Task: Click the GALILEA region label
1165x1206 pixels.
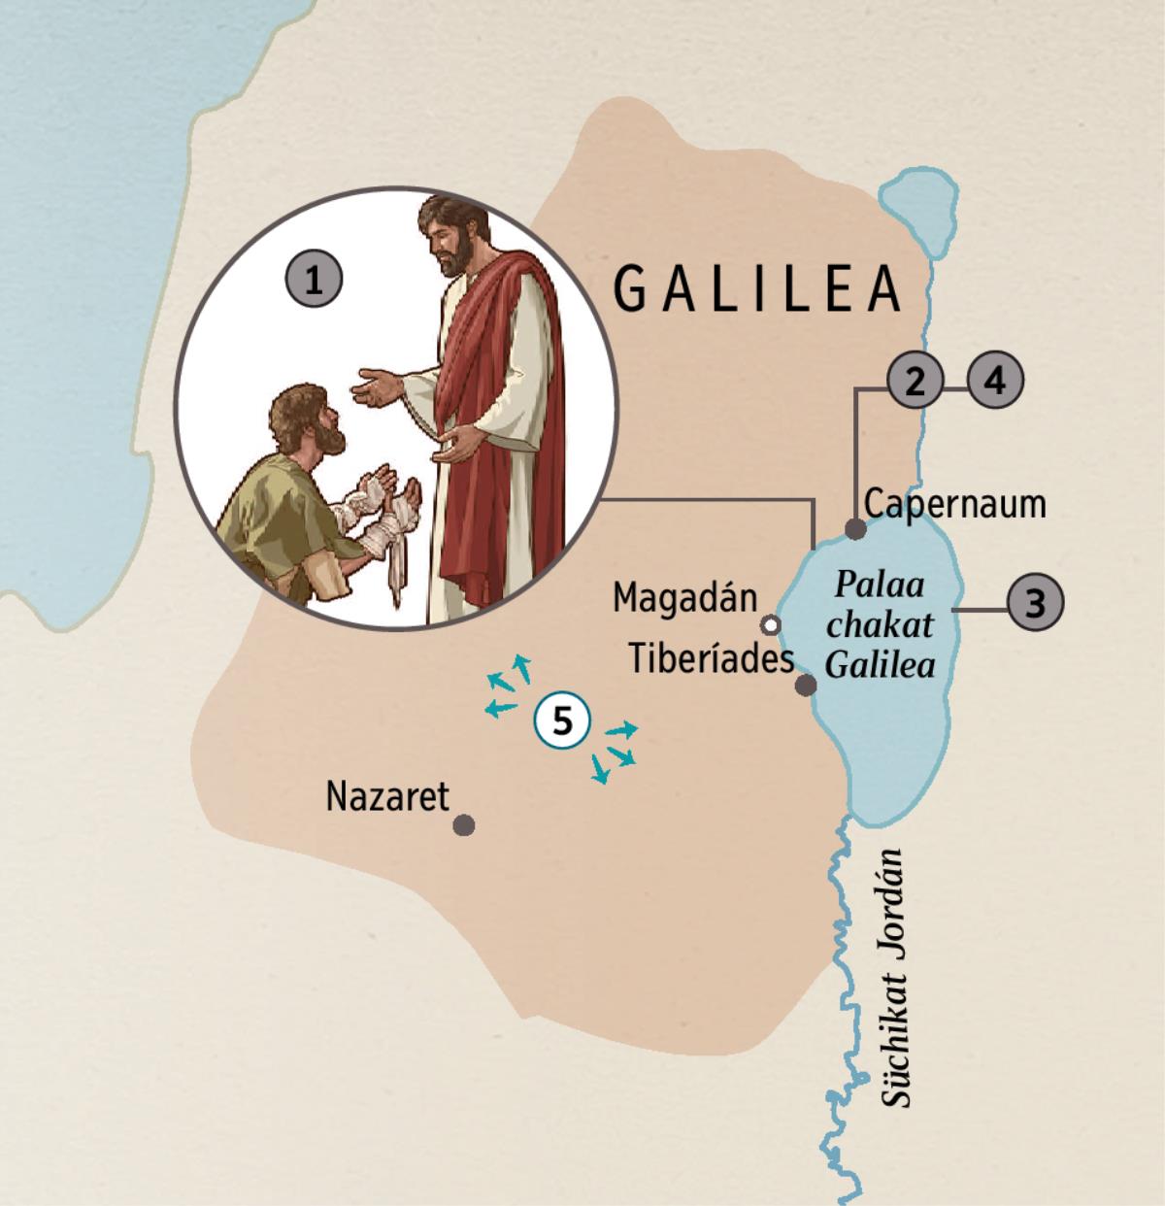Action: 757,288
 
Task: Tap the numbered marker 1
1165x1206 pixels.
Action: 313,282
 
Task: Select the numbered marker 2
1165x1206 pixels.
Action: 914,381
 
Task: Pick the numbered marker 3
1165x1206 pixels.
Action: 995,381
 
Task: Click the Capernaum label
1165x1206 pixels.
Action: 954,504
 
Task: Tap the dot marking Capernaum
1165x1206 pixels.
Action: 855,529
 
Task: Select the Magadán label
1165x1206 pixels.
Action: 684,597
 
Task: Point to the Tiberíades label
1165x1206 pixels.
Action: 711,659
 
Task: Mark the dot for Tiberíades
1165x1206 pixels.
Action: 805,686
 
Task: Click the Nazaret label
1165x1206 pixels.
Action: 388,796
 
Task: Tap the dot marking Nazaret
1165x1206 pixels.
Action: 464,825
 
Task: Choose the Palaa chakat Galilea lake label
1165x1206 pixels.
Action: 880,626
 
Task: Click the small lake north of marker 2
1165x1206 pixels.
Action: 913,211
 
